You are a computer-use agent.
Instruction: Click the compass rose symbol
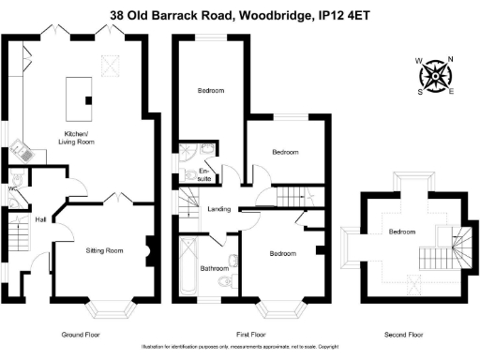(434, 74)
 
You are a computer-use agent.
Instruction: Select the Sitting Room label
(104, 250)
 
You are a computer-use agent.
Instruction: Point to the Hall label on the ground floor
(40, 219)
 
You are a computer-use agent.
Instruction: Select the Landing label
(218, 208)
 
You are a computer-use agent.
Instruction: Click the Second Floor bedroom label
(402, 232)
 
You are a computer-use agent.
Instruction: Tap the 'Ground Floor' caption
(80, 335)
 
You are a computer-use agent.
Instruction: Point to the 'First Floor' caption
(243, 335)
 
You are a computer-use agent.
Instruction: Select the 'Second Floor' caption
(403, 335)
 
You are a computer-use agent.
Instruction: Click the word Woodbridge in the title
(268, 15)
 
